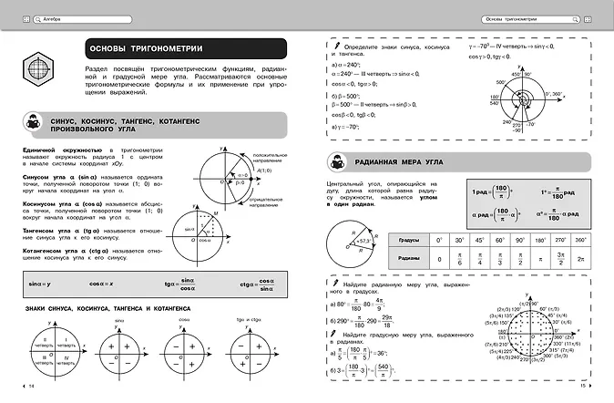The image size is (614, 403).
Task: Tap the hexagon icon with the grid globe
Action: (38, 69)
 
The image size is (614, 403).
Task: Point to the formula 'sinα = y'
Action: (41, 286)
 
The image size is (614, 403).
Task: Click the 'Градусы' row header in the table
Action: (408, 240)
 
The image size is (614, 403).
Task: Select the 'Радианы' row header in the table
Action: (408, 259)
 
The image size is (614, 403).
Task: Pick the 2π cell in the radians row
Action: (581, 260)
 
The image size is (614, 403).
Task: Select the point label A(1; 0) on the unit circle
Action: (264, 170)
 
